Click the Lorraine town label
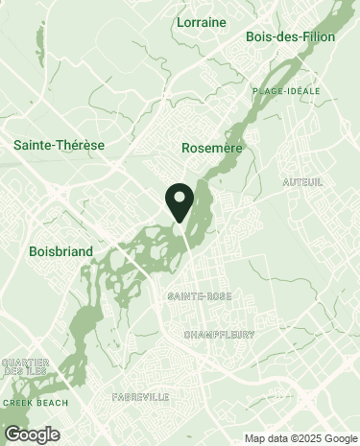[x=202, y=20]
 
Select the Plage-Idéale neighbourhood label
[x=286, y=90]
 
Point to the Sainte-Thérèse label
[x=59, y=145]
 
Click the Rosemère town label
[x=211, y=148]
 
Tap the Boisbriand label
[x=60, y=251]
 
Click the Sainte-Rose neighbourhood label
[x=199, y=296]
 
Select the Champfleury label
[x=218, y=335]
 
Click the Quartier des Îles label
[x=25, y=367]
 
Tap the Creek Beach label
[x=36, y=403]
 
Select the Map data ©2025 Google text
[x=300, y=438]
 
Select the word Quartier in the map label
[x=25, y=363]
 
